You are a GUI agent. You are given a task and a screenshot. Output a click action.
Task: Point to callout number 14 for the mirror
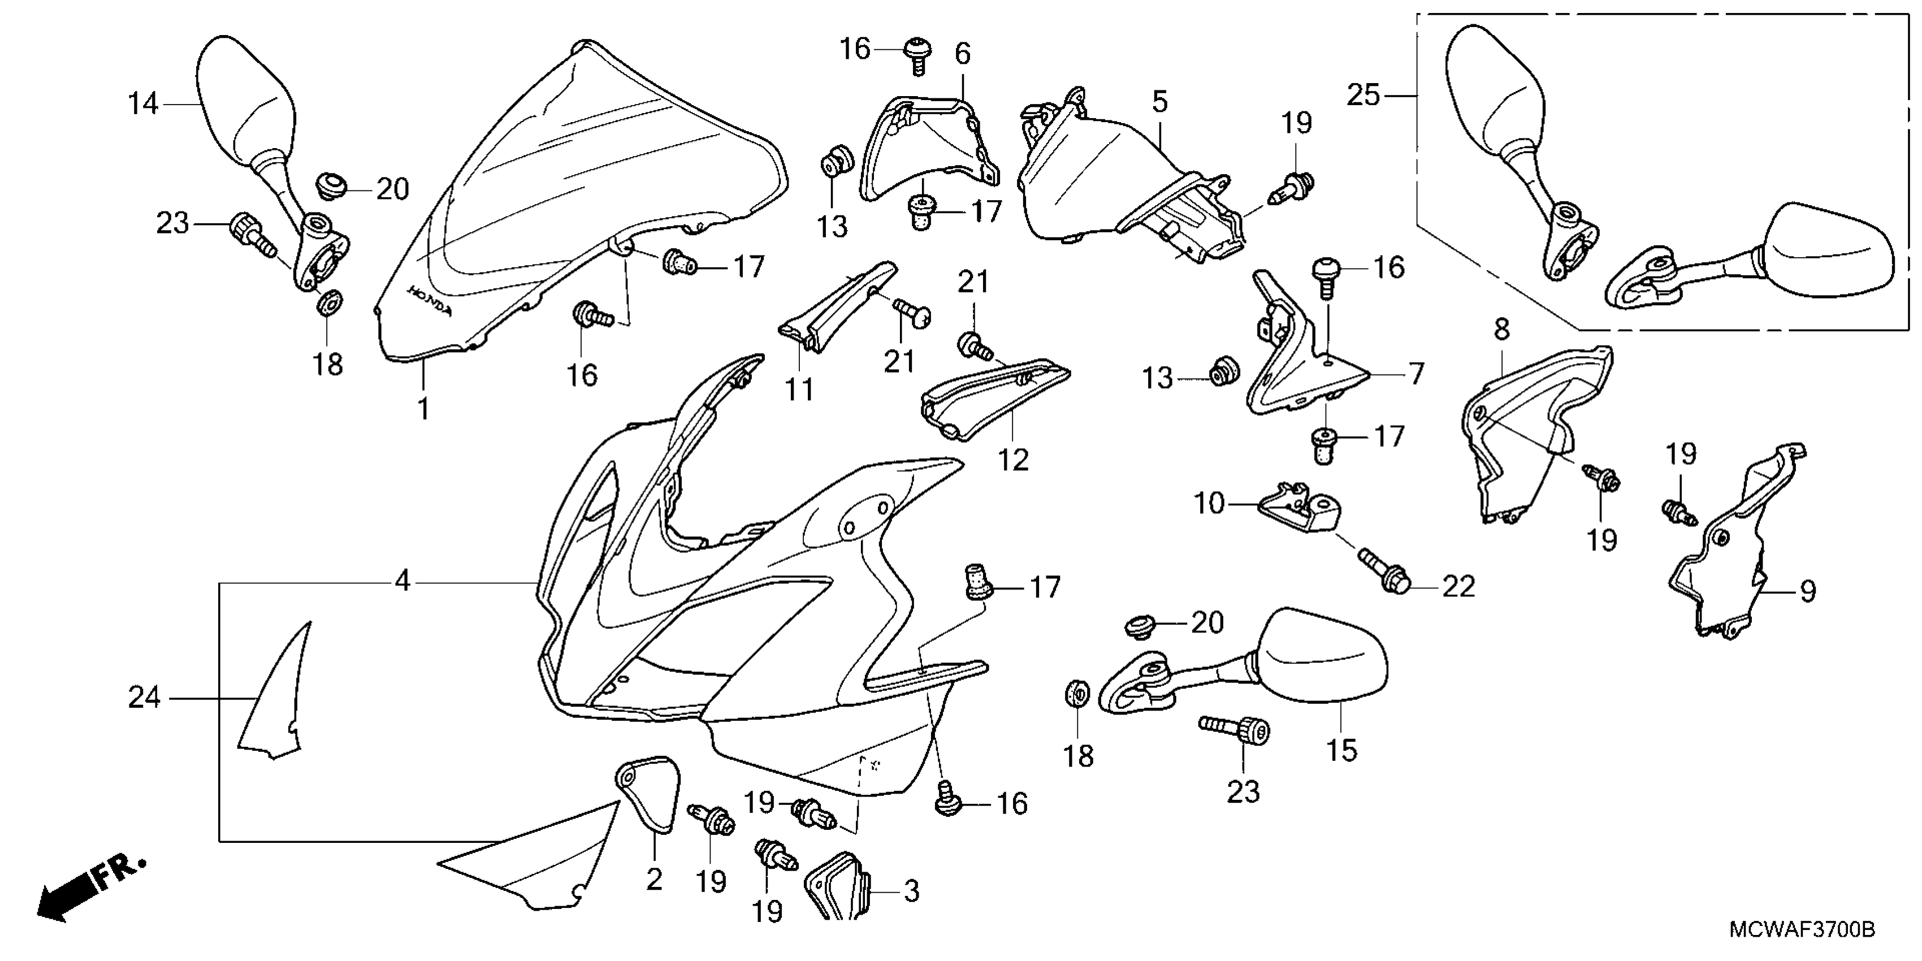coord(142,103)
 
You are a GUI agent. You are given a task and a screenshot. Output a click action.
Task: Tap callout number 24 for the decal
coord(144,698)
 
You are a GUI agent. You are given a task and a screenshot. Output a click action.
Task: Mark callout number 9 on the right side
coord(1807,592)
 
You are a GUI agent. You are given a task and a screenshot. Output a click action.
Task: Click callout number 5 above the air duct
coord(1159,101)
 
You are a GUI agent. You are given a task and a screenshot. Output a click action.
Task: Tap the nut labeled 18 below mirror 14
coord(327,304)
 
